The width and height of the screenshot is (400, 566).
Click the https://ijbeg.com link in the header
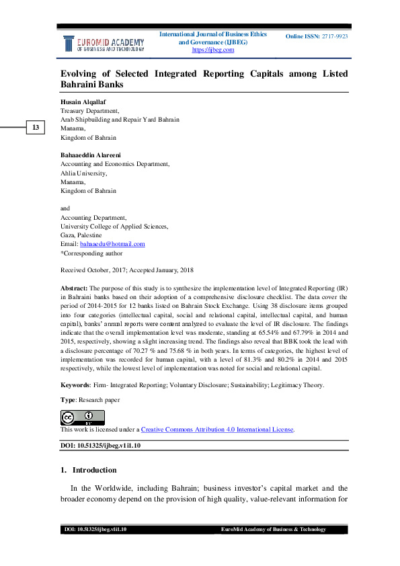pyautogui.click(x=212, y=50)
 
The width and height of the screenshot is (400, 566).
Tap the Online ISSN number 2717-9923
pyautogui.click(x=333, y=36)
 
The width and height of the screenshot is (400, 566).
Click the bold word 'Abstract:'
pyautogui.click(x=74, y=287)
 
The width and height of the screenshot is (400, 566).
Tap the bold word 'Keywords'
pyautogui.click(x=75, y=385)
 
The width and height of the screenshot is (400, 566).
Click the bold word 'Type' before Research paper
pyautogui.click(x=67, y=399)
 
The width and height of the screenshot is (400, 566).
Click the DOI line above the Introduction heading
pyautogui.click(x=101, y=446)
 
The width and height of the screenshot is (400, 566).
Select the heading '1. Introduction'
pyautogui.click(x=89, y=470)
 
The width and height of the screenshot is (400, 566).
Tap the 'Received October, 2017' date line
pyautogui.click(x=91, y=270)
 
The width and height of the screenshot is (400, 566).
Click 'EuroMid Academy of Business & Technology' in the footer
pyautogui.click(x=273, y=530)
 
